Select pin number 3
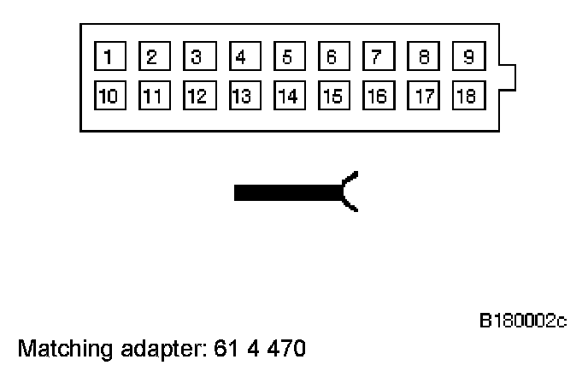pyautogui.click(x=197, y=58)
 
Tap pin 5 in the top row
pyautogui.click(x=286, y=58)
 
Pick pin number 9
pyautogui.click(x=466, y=58)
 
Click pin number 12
pyautogui.click(x=197, y=95)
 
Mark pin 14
pyautogui.click(x=286, y=95)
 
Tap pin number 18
pyautogui.click(x=466, y=95)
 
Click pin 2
pyautogui.click(x=152, y=58)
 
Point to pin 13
pyautogui.click(x=241, y=95)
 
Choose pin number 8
pyautogui.click(x=421, y=58)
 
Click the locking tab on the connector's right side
pyautogui.click(x=508, y=76)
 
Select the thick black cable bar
pyautogui.click(x=287, y=192)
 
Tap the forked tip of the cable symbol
pyautogui.click(x=350, y=191)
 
